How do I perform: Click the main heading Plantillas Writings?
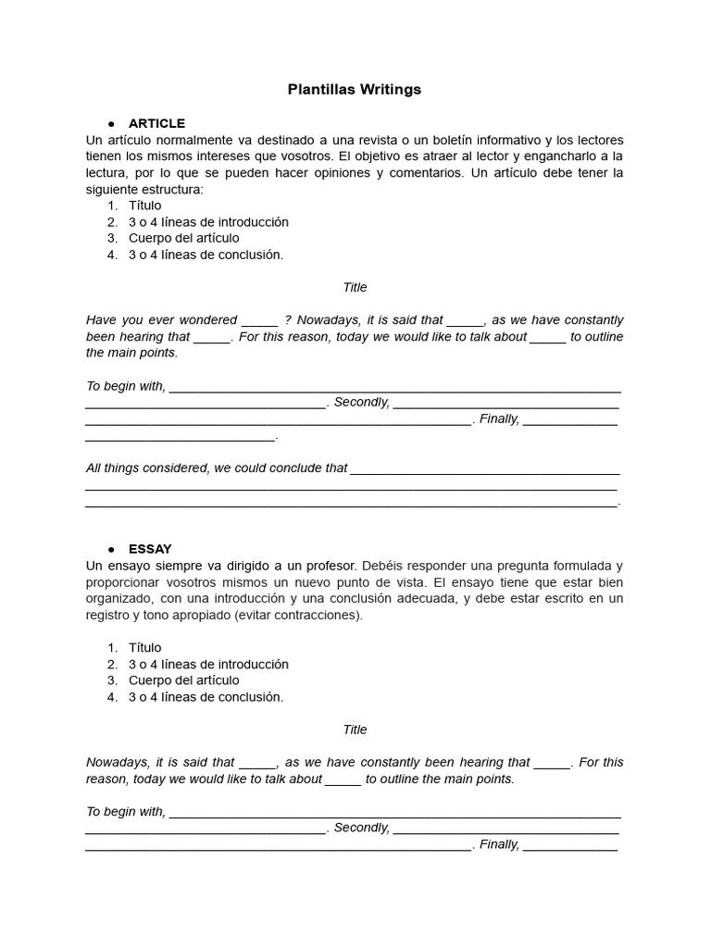(355, 90)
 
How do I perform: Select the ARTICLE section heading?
(156, 123)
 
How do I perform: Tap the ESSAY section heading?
(150, 549)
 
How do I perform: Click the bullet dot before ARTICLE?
(111, 123)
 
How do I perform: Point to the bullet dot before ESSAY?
(111, 549)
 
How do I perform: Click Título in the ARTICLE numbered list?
(144, 206)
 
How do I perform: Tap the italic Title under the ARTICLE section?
(355, 287)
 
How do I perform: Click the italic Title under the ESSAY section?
(355, 730)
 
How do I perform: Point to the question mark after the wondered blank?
(288, 320)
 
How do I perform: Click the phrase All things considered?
(147, 468)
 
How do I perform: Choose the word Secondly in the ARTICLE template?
(360, 402)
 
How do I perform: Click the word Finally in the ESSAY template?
(499, 844)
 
